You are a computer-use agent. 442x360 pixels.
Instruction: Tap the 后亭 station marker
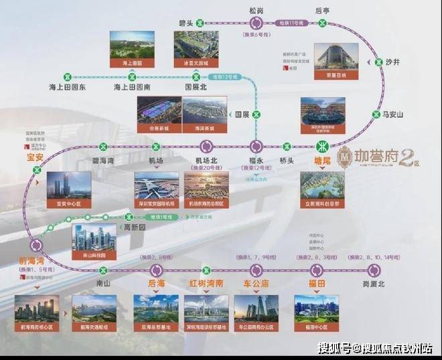coord(323,23)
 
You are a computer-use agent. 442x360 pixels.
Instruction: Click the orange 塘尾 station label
coord(323,162)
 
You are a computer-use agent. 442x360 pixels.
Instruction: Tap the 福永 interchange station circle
coord(256,147)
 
